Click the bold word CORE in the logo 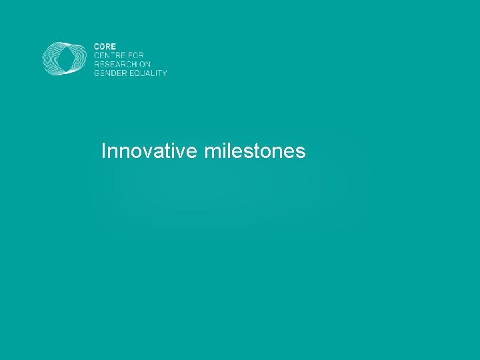pyautogui.click(x=105, y=47)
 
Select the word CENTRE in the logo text pyautogui.click(x=107, y=55)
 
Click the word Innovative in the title pyautogui.click(x=149, y=151)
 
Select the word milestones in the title pyautogui.click(x=255, y=151)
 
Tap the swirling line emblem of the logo pyautogui.click(x=65, y=59)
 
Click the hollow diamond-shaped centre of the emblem pyautogui.click(x=65, y=59)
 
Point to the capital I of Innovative pyautogui.click(x=103, y=151)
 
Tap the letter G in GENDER pyautogui.click(x=97, y=73)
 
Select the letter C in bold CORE pyautogui.click(x=97, y=47)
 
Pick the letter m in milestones pyautogui.click(x=212, y=153)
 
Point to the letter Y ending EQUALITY pyautogui.click(x=164, y=73)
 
